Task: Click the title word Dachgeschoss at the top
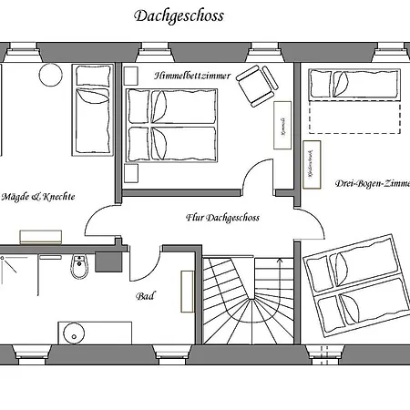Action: [x=179, y=15]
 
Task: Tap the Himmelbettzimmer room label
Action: [x=192, y=76]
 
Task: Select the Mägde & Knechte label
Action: [x=38, y=196]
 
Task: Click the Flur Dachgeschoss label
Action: [x=222, y=218]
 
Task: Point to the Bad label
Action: [x=144, y=296]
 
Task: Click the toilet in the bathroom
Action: [x=79, y=268]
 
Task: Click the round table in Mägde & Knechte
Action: [x=48, y=75]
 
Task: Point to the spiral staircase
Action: [x=244, y=301]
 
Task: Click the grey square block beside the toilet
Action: [x=108, y=259]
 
